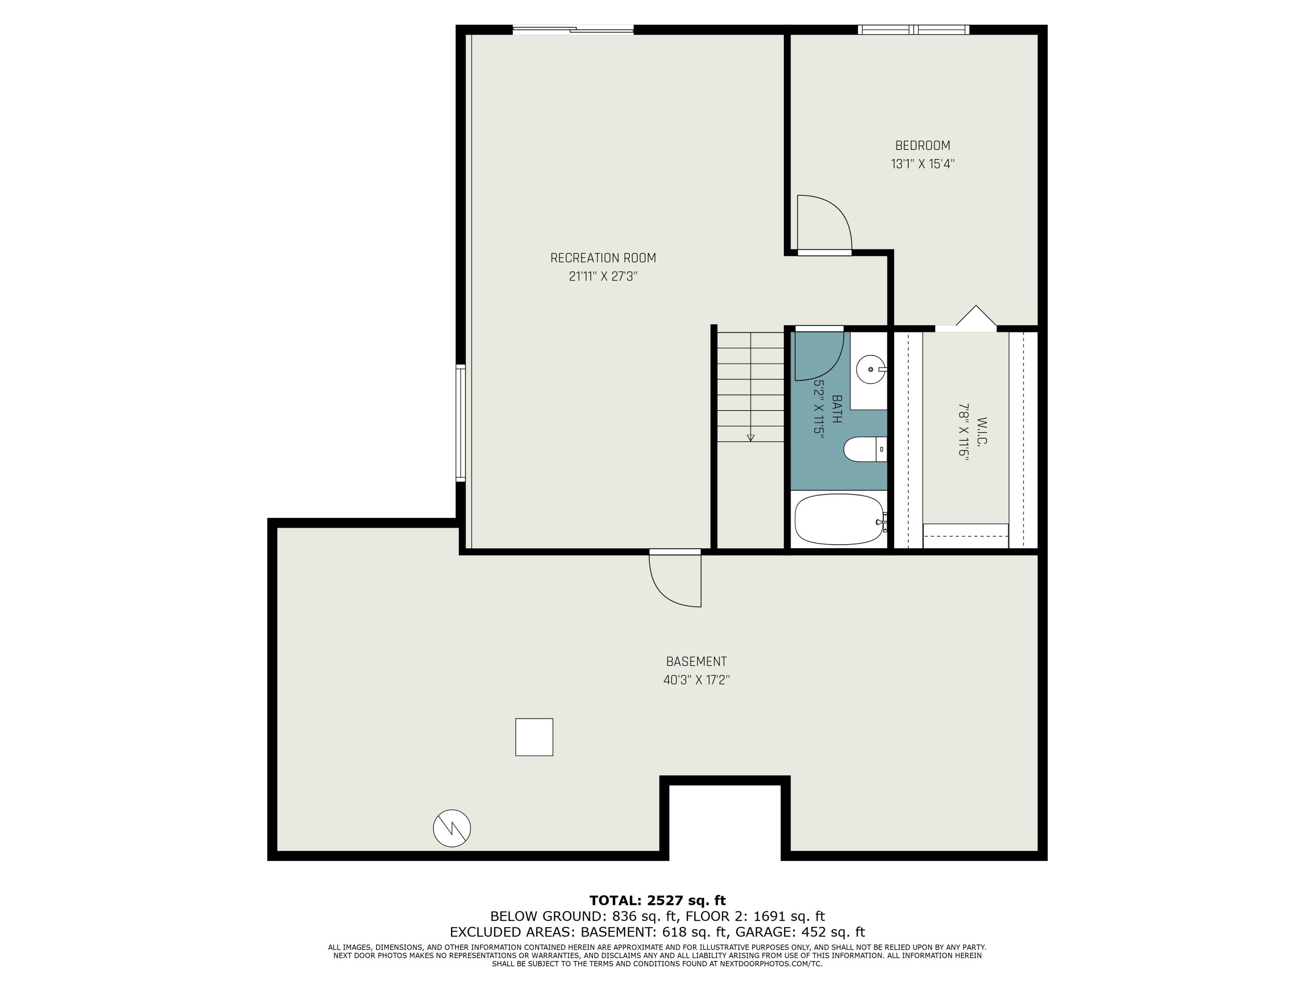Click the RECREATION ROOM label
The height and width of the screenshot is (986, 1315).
[x=603, y=258]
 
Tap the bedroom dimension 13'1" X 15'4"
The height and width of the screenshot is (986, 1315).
[x=922, y=164]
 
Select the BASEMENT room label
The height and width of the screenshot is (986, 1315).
[x=696, y=661]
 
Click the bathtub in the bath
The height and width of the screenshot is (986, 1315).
[x=838, y=519]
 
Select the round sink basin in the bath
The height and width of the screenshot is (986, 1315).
[x=870, y=369]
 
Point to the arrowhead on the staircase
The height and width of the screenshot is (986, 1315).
[x=750, y=438]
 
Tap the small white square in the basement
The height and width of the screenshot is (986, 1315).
[x=534, y=737]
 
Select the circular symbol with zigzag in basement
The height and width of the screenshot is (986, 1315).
[x=452, y=828]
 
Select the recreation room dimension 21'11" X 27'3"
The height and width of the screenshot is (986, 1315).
[x=603, y=277]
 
